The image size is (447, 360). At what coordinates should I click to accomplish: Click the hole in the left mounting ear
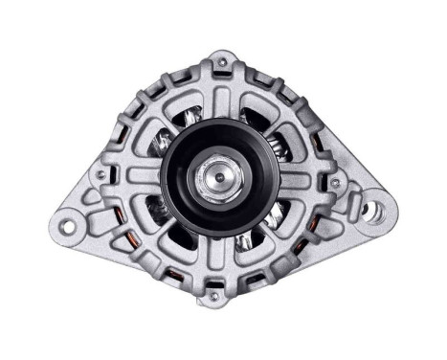point(67,226)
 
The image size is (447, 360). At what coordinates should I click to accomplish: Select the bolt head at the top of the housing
point(222,64)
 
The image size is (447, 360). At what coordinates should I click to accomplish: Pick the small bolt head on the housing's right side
point(334,182)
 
